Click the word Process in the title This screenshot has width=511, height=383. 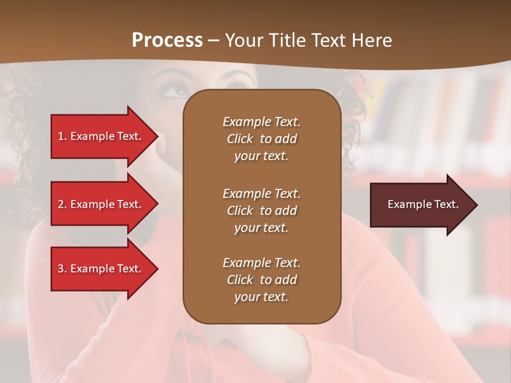tap(167, 40)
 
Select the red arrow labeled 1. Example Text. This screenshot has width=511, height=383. tap(101, 136)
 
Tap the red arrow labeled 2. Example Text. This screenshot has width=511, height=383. tap(101, 204)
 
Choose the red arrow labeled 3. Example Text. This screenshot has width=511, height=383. tap(101, 269)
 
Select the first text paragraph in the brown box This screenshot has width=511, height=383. tap(261, 139)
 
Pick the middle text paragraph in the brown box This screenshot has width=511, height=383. tap(261, 211)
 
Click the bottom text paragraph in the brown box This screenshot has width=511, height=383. tap(261, 280)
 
